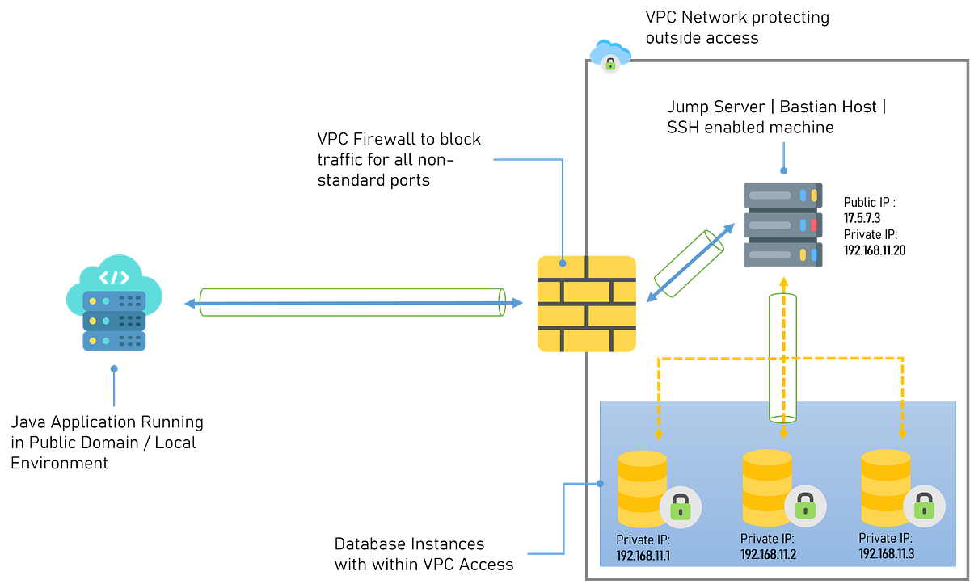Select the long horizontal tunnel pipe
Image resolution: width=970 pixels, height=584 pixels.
(x=352, y=302)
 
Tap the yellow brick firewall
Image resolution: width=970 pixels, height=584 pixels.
(x=587, y=304)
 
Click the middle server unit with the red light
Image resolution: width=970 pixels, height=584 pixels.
(x=782, y=224)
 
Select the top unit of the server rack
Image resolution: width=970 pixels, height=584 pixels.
(x=782, y=195)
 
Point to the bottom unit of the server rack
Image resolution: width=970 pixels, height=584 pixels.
(x=782, y=254)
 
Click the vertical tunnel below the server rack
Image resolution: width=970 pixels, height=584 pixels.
(x=782, y=355)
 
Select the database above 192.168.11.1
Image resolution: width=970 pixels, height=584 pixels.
(x=643, y=489)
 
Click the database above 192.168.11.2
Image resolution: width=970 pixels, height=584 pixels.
(x=766, y=485)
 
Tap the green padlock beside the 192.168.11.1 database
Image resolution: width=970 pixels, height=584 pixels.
(x=680, y=507)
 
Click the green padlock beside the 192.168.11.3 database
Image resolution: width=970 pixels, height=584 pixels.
(x=923, y=507)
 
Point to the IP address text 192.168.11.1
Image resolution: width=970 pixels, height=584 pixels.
(x=643, y=557)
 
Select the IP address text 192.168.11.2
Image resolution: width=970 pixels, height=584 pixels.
(x=769, y=554)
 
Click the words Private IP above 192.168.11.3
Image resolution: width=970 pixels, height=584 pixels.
(x=885, y=538)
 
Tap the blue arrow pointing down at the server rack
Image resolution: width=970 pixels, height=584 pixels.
(x=782, y=169)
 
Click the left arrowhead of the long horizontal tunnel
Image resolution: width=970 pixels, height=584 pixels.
(x=189, y=304)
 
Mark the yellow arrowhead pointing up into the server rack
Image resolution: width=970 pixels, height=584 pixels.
(x=782, y=281)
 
